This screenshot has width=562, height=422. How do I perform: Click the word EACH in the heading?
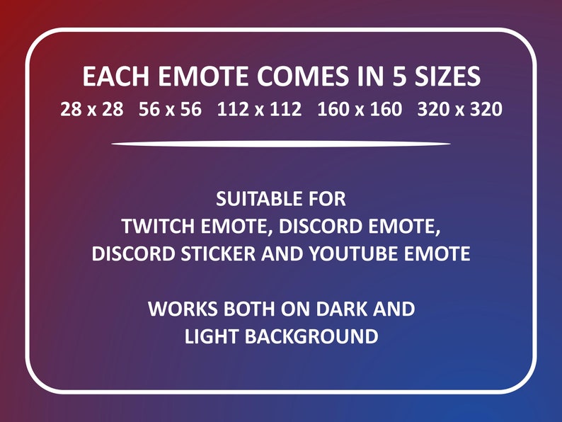pyautogui.click(x=110, y=76)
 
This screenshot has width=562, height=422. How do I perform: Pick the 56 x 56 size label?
pyautogui.click(x=171, y=110)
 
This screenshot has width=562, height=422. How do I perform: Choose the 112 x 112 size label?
pyautogui.click(x=260, y=110)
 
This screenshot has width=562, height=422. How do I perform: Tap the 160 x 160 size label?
pyautogui.click(x=360, y=110)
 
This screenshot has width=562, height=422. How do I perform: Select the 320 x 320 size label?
pyautogui.click(x=460, y=110)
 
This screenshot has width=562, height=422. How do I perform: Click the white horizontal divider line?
pyautogui.click(x=281, y=144)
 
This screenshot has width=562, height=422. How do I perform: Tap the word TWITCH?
pyautogui.click(x=156, y=227)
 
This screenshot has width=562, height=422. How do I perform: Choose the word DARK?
pyautogui.click(x=338, y=309)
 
